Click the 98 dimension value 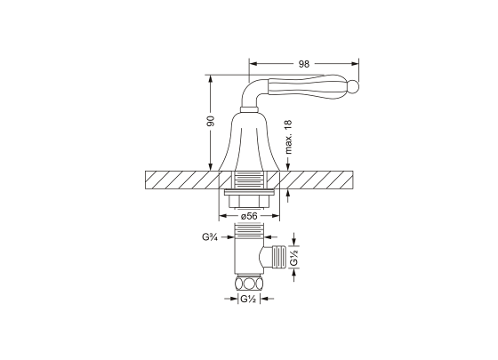tap(303, 64)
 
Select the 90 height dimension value tap(211, 121)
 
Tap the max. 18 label tap(288, 137)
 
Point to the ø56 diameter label tap(249, 216)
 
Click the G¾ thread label tap(210, 236)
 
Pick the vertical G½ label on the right tap(294, 257)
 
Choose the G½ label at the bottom tap(248, 299)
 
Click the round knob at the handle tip tap(354, 87)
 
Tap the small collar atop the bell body tap(249, 110)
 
